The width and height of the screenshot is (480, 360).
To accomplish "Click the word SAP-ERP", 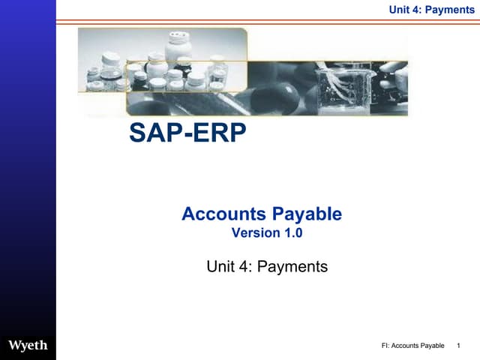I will coord(187,133).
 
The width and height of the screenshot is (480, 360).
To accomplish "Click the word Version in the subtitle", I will coord(255,233).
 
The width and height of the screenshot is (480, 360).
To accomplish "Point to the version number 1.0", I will coord(292,233).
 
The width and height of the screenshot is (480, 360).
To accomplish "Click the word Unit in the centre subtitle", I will coord(221,266).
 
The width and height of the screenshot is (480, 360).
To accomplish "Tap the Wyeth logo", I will coord(28,346).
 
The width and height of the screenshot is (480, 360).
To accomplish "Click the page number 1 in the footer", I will coord(458,346).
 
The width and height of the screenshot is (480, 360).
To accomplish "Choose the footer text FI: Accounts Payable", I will coord(412,346).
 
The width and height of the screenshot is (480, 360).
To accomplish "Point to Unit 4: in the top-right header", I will coord(404,10).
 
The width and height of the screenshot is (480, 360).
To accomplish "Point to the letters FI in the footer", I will coord(385,346).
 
